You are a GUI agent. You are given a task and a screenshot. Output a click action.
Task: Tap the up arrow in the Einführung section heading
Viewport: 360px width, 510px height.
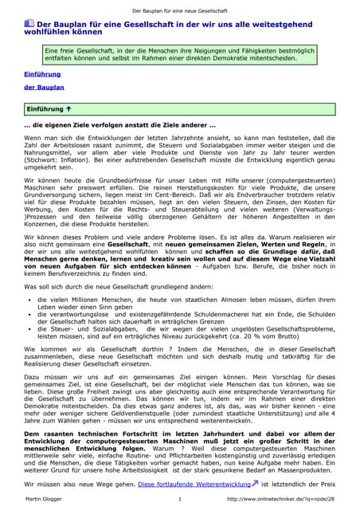point(70,107)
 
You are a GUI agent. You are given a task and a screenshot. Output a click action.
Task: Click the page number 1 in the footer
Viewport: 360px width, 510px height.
point(180,499)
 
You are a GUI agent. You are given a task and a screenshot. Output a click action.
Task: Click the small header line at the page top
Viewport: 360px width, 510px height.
point(180,6)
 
